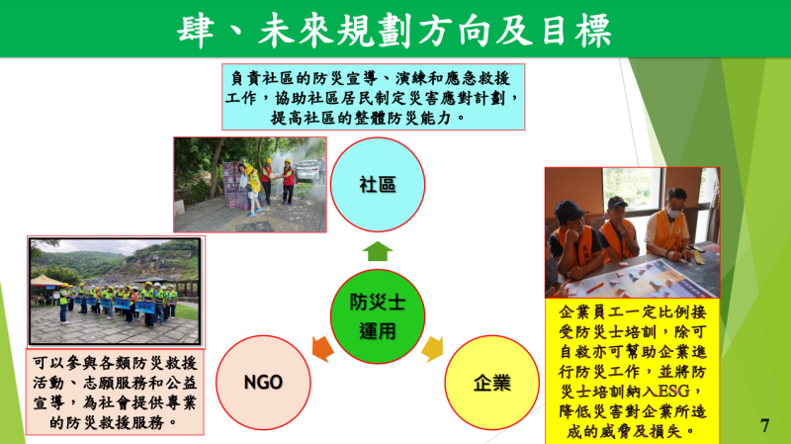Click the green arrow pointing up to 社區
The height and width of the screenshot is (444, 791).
click(376, 250)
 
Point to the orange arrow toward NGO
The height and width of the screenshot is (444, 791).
click(322, 348)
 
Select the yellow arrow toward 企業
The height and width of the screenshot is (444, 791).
click(432, 349)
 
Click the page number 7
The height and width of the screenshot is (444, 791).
click(764, 425)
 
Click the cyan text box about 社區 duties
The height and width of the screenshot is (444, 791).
click(373, 97)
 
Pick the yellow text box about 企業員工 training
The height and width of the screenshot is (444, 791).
click(632, 370)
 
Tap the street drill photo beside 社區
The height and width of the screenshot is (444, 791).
click(250, 185)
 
